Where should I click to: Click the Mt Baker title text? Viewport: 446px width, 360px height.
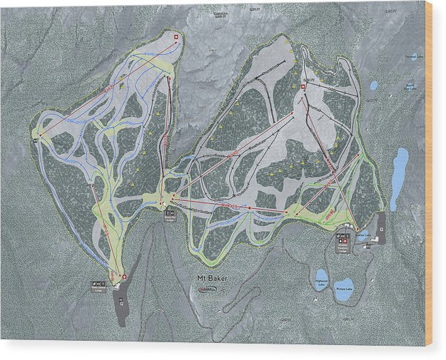[x=212, y=278]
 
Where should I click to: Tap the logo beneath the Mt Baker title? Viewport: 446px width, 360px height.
[x=209, y=289]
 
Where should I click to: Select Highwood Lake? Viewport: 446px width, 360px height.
[x=322, y=277]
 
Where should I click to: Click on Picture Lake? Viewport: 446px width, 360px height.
[x=345, y=289]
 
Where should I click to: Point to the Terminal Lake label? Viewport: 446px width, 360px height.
[x=413, y=56]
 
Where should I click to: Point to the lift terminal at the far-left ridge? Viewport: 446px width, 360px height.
[x=40, y=135]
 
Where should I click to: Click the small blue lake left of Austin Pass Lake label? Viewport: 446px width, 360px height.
[x=374, y=86]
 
